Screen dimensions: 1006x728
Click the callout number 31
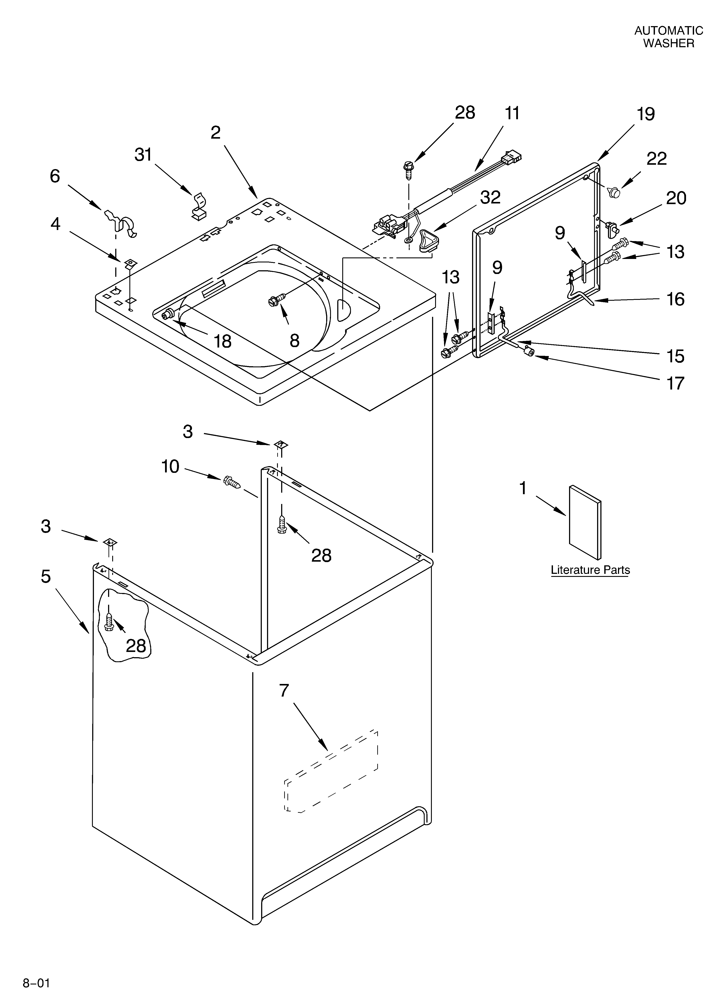143,155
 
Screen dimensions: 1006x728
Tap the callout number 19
646,114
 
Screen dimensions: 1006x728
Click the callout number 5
46,577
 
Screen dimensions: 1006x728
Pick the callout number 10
170,467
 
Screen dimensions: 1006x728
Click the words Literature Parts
590,570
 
